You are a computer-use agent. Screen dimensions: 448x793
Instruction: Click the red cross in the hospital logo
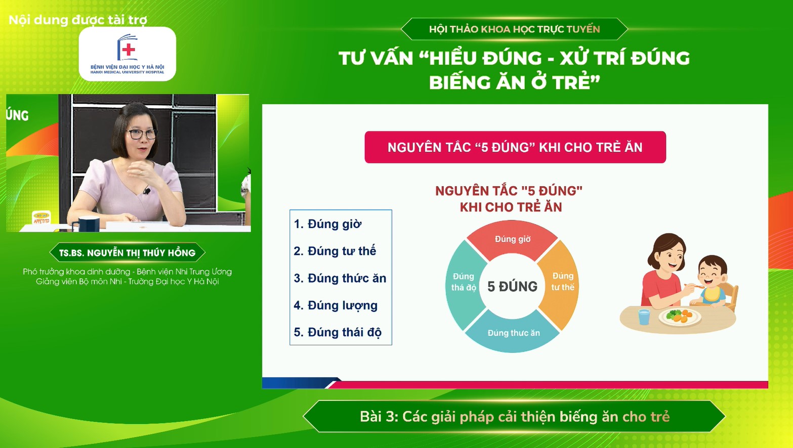coord(129,50)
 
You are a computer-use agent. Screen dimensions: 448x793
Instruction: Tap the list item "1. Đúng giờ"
coord(327,224)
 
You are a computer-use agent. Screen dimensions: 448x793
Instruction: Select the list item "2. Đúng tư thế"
coord(335,251)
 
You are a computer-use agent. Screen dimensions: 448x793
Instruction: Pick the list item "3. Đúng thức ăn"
coord(340,278)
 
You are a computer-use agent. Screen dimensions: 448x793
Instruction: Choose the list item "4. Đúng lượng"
coord(336,305)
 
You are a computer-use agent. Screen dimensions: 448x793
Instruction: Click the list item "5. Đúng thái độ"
coord(338,332)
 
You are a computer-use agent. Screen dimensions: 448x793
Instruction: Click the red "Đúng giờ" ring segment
coord(512,239)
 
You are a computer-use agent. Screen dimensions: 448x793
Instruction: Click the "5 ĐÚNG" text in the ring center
coord(512,287)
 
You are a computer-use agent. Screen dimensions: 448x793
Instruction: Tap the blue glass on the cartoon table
coord(644,317)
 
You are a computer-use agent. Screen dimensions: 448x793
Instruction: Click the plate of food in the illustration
coord(680,317)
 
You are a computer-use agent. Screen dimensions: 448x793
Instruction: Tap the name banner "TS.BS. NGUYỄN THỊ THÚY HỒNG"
coord(127,253)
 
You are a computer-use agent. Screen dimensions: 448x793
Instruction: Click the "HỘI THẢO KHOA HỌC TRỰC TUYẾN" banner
coord(514,29)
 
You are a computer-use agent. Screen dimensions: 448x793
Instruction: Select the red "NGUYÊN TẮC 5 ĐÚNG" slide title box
coord(515,147)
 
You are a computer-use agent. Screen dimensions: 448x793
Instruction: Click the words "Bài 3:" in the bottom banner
coord(379,417)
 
